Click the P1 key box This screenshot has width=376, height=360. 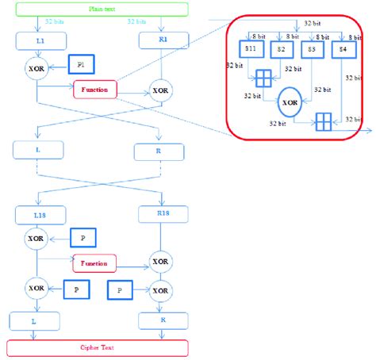pyautogui.click(x=81, y=63)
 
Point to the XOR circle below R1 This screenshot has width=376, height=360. pyautogui.click(x=161, y=90)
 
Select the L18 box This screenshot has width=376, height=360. pyautogui.click(x=37, y=214)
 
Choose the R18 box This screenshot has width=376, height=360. pyautogui.click(x=161, y=214)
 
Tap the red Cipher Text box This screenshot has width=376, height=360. pyautogui.click(x=97, y=347)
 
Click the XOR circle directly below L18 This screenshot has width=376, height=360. pyautogui.click(x=36, y=238)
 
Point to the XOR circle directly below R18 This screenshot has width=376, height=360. pyautogui.click(x=160, y=261)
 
